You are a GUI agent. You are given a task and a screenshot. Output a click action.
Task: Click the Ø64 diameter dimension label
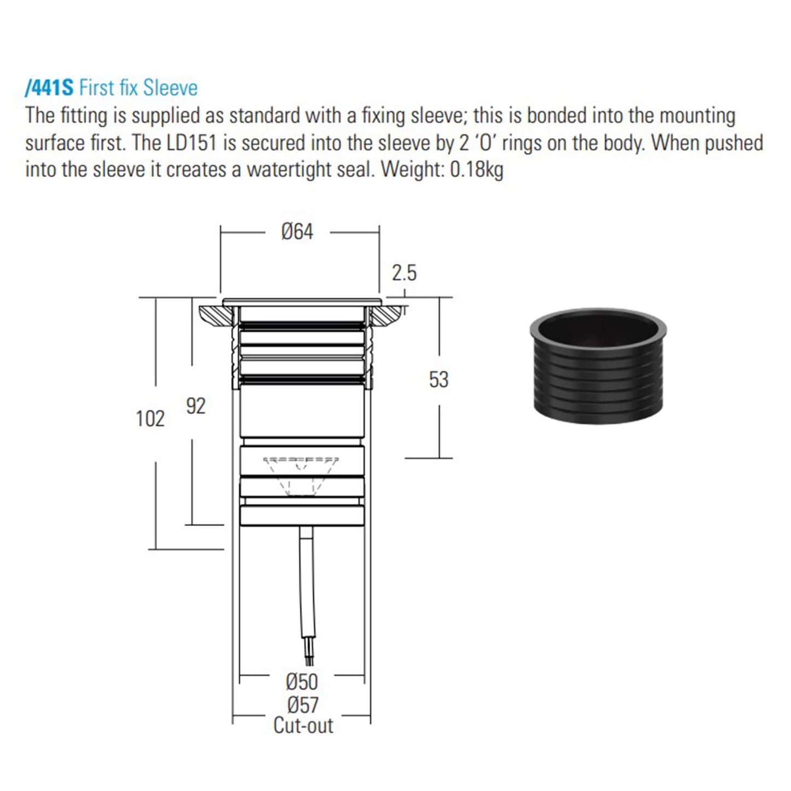pos(297,232)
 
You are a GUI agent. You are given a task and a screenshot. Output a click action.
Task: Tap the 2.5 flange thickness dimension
pos(404,273)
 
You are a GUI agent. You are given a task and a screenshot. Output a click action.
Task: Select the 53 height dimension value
pos(438,380)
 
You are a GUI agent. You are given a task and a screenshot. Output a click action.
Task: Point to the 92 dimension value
pos(195,406)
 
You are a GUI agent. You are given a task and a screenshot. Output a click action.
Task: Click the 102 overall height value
pos(150,419)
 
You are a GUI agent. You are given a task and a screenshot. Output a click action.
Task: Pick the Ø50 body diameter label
pos(302,682)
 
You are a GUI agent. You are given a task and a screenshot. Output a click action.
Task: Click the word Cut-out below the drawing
pos(303,726)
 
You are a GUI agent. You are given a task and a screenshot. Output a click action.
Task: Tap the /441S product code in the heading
pos(49,88)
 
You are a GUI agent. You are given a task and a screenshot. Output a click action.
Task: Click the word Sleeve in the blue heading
pos(170,88)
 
